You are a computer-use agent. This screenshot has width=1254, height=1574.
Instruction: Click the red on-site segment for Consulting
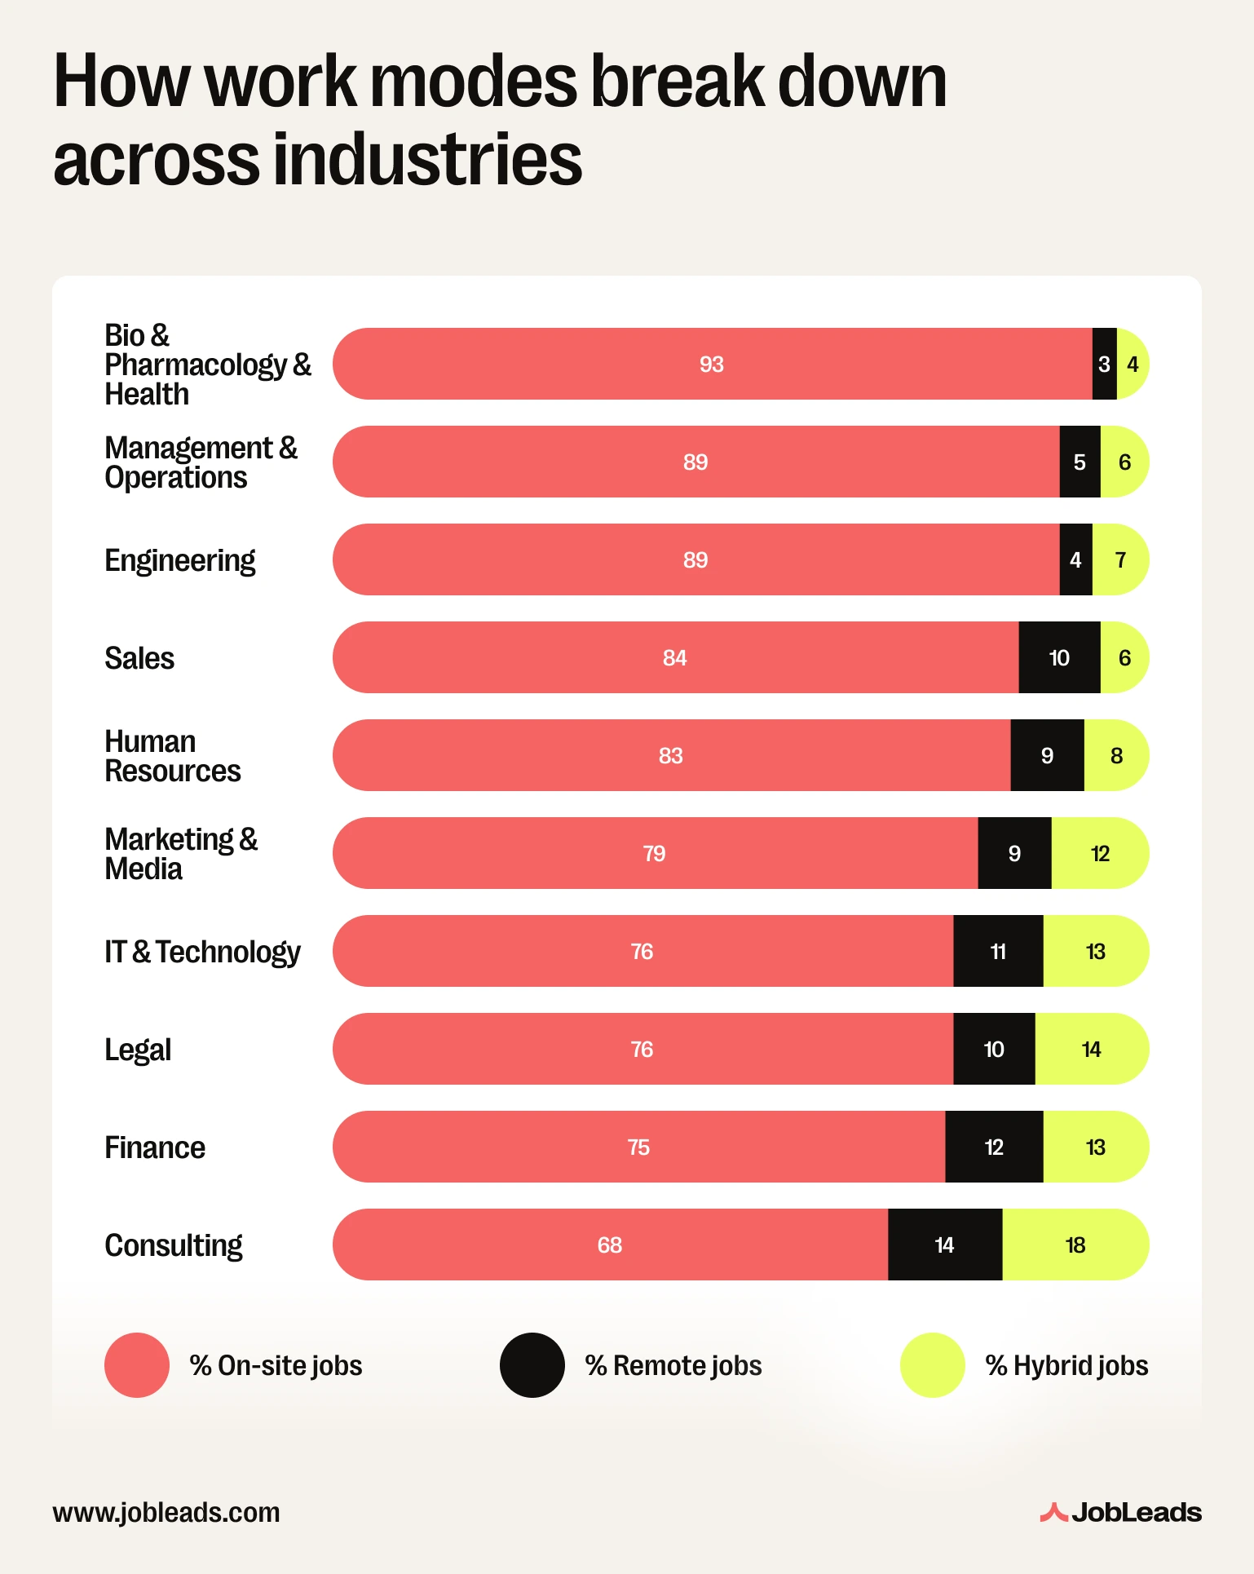click(x=610, y=1245)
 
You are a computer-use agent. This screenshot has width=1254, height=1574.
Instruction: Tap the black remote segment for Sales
click(x=1059, y=657)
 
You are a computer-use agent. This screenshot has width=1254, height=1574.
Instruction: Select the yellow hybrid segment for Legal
click(x=1091, y=1049)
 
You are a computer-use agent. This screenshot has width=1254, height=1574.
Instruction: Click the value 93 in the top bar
click(x=711, y=365)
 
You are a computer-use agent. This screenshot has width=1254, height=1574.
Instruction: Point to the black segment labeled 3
click(x=1104, y=364)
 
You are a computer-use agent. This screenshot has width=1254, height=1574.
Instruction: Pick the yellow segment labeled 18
click(x=1075, y=1245)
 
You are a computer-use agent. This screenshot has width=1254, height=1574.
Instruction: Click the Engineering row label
click(x=180, y=560)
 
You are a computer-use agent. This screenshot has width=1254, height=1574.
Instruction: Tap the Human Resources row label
click(x=172, y=756)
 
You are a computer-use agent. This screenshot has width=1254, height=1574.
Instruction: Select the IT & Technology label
click(x=202, y=952)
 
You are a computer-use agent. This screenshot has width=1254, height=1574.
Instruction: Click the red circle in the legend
click(x=137, y=1365)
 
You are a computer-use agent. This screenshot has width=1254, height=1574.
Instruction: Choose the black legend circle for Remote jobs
click(x=532, y=1365)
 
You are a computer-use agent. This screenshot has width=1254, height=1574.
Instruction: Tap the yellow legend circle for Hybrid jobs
click(x=933, y=1365)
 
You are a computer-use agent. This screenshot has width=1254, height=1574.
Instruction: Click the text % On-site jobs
click(x=276, y=1365)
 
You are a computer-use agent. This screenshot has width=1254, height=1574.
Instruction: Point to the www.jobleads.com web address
click(x=166, y=1512)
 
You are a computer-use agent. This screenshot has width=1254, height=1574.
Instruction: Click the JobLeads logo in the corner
click(x=1120, y=1512)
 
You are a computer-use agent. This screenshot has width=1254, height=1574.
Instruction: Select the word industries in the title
click(x=427, y=158)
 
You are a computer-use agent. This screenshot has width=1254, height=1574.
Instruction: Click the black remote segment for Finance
click(x=994, y=1147)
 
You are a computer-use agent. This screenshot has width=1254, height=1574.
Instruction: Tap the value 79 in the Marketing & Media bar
click(x=654, y=854)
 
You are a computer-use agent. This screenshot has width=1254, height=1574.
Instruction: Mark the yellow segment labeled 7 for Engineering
click(x=1120, y=559)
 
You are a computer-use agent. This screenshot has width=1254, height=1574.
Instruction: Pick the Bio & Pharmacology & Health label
click(x=207, y=365)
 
